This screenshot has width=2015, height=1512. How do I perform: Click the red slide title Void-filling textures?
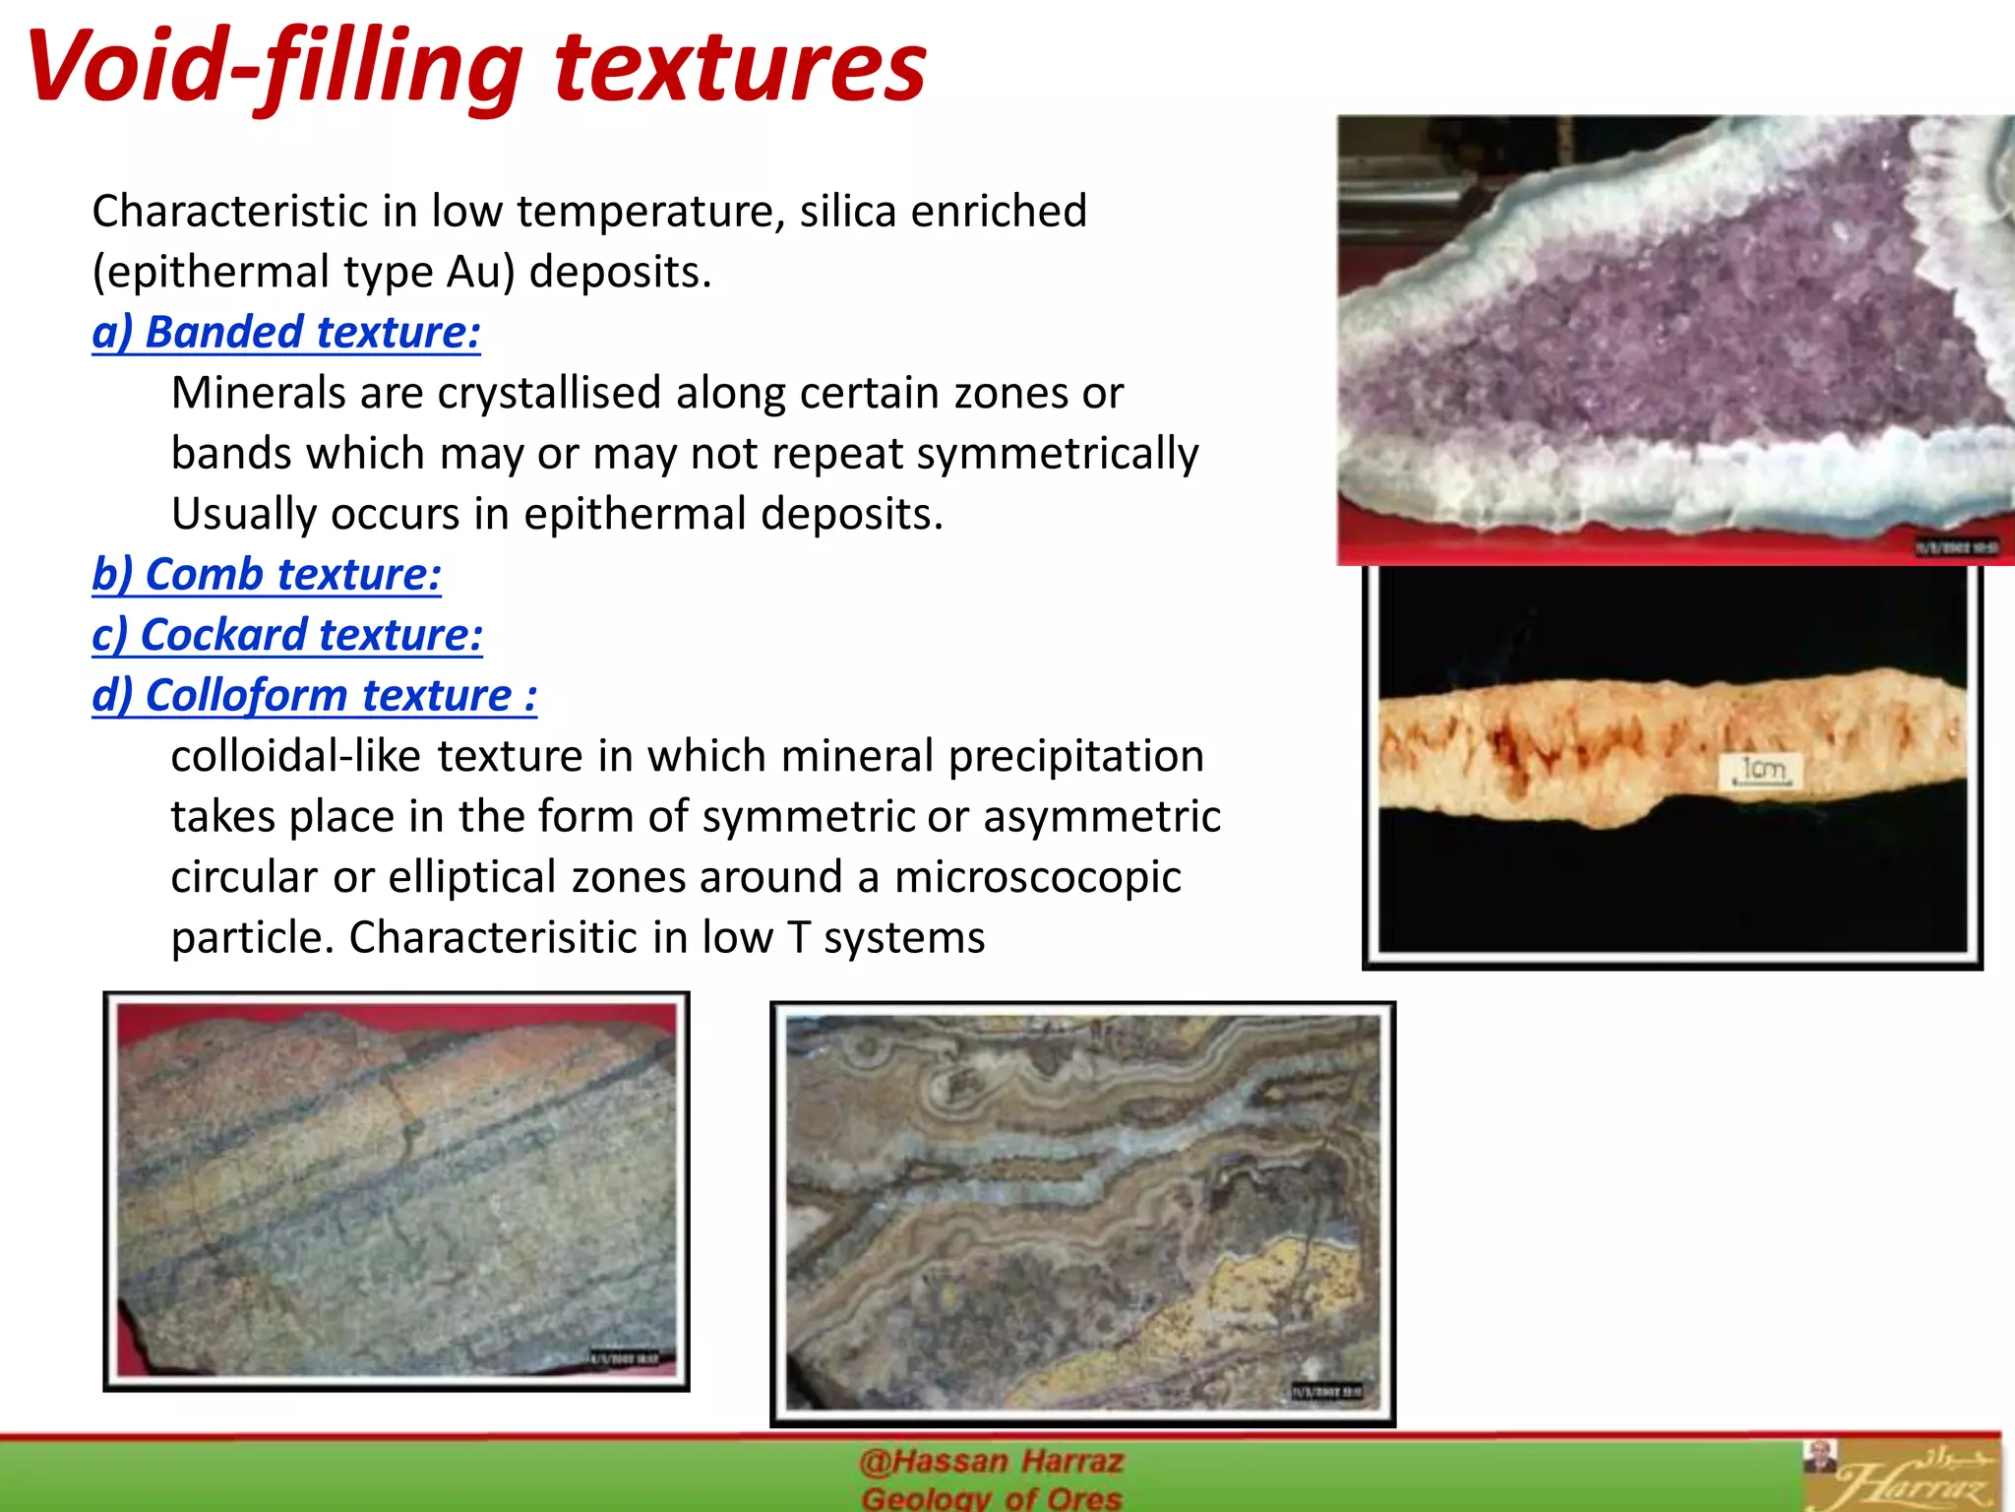(476, 67)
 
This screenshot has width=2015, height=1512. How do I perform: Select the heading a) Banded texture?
(286, 332)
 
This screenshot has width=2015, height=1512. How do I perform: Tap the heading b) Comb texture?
(267, 574)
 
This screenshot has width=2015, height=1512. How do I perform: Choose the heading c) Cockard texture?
(287, 635)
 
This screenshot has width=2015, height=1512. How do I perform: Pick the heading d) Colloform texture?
(315, 695)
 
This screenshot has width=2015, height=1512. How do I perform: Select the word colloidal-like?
(296, 756)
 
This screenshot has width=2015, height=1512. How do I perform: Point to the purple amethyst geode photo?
(1673, 335)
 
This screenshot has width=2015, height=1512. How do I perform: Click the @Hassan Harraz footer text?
(990, 1461)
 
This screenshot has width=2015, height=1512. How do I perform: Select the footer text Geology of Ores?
(990, 1498)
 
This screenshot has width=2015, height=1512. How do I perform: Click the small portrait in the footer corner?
(1820, 1457)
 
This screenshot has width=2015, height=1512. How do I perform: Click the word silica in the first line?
(847, 211)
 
